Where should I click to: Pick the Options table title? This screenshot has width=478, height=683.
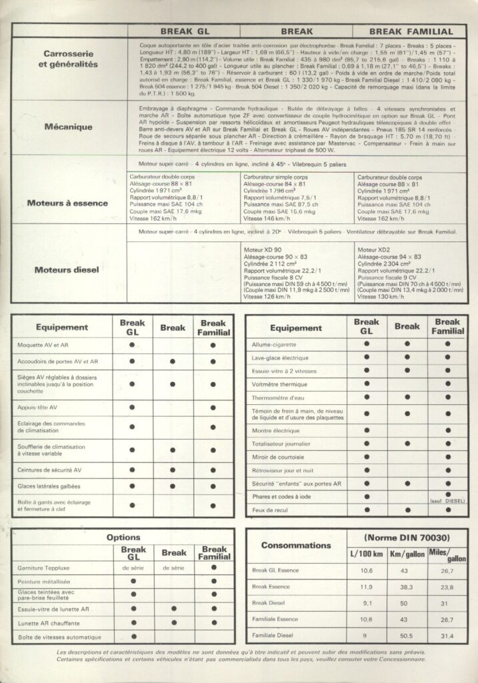123,538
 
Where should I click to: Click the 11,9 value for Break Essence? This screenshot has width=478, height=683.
365,587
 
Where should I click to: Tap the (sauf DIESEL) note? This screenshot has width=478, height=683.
448,500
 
